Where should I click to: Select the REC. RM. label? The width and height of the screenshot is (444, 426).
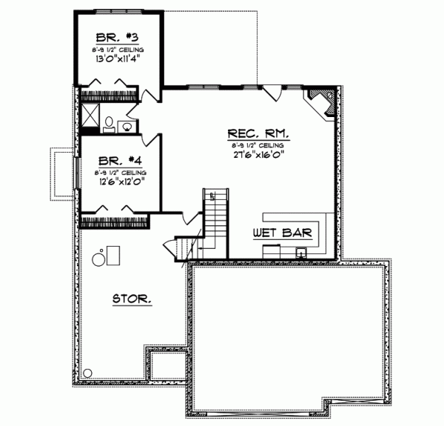(258, 134)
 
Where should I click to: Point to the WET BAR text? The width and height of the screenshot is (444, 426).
(282, 233)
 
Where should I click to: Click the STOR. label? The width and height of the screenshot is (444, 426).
(133, 299)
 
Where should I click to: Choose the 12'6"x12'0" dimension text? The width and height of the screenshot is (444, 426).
(118, 179)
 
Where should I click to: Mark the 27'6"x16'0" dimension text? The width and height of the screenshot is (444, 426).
(258, 156)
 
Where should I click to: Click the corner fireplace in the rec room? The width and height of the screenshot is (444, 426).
(323, 101)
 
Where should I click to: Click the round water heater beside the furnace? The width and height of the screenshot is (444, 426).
(98, 259)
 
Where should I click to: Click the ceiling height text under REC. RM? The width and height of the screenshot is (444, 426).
(258, 145)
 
